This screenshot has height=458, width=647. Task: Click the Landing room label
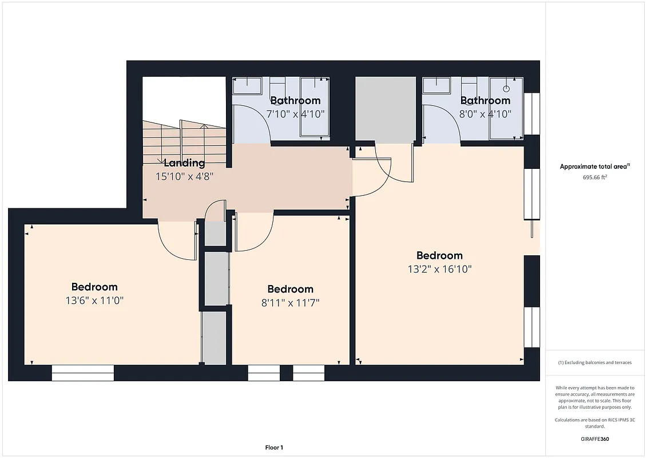184,163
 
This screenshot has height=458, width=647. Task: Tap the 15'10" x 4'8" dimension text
184,177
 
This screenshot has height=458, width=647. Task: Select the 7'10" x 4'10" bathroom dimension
296,114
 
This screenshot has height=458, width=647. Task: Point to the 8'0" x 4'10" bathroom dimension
485,114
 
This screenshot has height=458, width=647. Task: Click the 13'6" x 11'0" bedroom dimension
94,300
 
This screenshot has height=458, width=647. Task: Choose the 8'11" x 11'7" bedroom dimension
290,302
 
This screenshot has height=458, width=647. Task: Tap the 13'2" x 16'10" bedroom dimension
439,269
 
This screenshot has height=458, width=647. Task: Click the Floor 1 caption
274,447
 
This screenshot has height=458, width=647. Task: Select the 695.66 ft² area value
595,177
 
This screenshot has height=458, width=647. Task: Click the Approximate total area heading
595,167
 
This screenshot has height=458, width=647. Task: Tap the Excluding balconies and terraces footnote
595,362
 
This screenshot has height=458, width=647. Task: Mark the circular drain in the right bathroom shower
506,89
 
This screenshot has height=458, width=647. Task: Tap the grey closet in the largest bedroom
385,109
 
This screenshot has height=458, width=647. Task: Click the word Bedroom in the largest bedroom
439,256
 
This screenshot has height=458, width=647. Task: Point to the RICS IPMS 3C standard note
595,423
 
